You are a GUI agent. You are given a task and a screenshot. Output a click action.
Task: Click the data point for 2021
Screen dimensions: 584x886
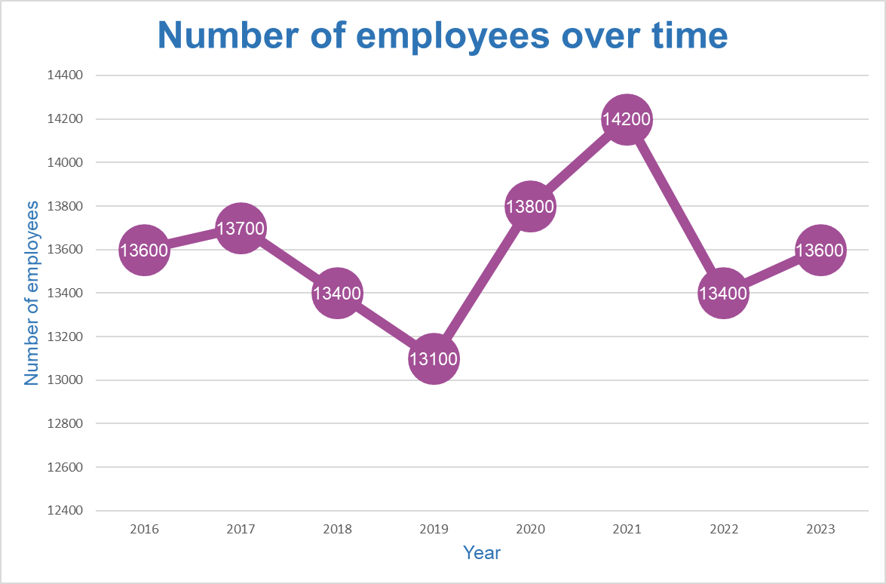627,119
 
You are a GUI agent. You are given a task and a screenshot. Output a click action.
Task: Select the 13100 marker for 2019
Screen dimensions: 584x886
434,359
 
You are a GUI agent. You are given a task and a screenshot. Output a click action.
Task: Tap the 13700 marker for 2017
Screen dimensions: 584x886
241,228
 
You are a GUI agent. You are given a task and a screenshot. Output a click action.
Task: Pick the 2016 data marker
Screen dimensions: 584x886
144,250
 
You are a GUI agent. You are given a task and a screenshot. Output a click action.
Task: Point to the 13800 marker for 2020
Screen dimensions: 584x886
530,206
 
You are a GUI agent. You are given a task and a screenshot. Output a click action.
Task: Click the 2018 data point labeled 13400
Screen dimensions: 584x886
337,294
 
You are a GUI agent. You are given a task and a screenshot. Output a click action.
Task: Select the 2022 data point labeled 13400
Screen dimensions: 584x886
723,294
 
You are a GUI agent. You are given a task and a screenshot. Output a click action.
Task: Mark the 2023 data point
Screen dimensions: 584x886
820,250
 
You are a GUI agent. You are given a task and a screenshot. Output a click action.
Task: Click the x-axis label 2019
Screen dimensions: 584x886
434,530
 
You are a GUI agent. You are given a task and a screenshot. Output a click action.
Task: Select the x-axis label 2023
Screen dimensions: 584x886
820,530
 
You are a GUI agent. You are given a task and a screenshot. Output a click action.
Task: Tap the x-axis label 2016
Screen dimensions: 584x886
144,530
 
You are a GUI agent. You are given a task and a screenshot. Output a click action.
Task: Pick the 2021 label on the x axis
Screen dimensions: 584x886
627,530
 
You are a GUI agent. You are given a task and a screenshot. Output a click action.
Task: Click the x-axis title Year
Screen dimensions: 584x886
482,553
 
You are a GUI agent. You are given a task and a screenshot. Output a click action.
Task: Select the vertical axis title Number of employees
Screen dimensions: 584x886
32,293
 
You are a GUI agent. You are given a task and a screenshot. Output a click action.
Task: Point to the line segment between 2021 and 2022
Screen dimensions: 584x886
675,207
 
